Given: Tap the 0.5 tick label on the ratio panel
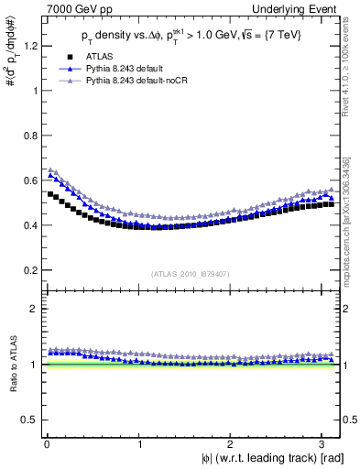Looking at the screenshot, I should (x=25, y=420).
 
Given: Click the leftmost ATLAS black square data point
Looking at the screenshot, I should (x=50, y=194).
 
